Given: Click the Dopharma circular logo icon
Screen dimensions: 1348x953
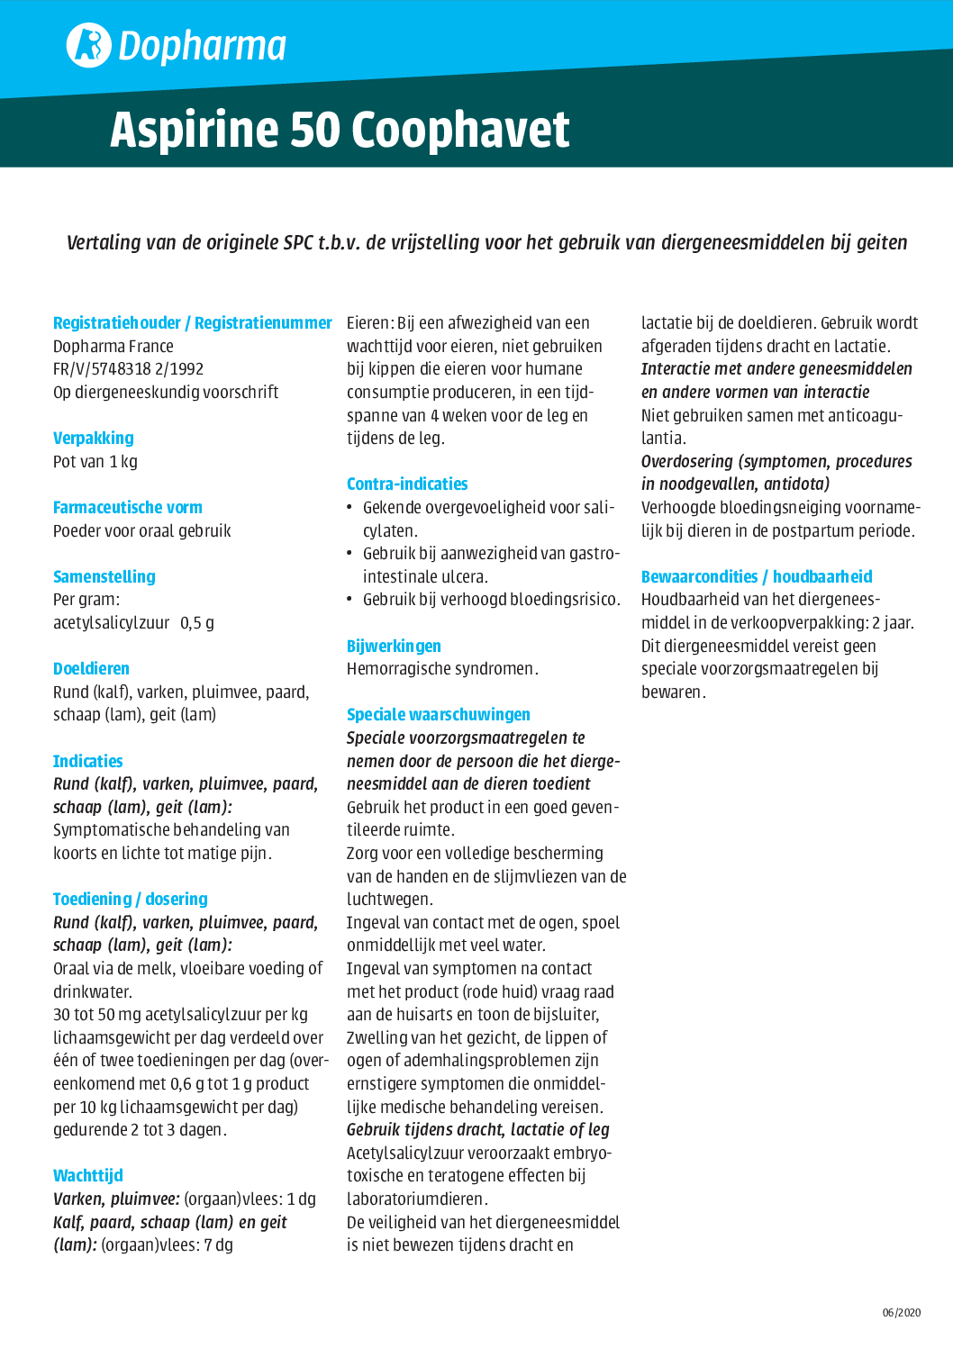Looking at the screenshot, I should coord(88,45).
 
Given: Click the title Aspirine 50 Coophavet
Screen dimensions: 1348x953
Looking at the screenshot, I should coord(340,130).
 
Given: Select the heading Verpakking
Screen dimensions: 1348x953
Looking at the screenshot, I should coord(94,439).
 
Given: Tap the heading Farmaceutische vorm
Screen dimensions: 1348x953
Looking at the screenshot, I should coord(128,508).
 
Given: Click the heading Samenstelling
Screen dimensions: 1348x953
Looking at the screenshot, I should coord(104,577).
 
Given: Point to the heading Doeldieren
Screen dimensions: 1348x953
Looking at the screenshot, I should coord(91,669).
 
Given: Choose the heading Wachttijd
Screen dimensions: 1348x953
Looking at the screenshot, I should coord(88,1176).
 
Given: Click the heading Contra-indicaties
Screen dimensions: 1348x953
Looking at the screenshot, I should coord(407,484).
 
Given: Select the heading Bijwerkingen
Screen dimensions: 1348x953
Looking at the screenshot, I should coord(394,647).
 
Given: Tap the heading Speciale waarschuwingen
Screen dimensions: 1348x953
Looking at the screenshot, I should coord(439,715).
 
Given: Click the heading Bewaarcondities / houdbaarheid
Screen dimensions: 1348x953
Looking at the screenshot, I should coord(757,577).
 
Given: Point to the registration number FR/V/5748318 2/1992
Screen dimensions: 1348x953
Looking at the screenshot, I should coord(129,369).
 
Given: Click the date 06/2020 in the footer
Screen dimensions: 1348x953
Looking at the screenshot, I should coord(902,1313).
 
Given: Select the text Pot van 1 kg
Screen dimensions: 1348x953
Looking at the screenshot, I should coord(95,462).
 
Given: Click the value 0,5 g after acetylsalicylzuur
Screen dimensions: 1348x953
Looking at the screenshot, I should coord(197,623).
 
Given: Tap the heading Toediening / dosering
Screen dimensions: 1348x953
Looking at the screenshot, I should coord(131,900).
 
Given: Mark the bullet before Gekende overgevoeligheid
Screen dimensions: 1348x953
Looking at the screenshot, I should coord(350,508).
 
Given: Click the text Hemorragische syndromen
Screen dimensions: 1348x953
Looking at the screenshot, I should coord(442,669).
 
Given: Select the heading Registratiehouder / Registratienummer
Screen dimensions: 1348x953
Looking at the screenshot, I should coord(193,323).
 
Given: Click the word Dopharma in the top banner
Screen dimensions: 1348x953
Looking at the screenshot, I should coord(203,46).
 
